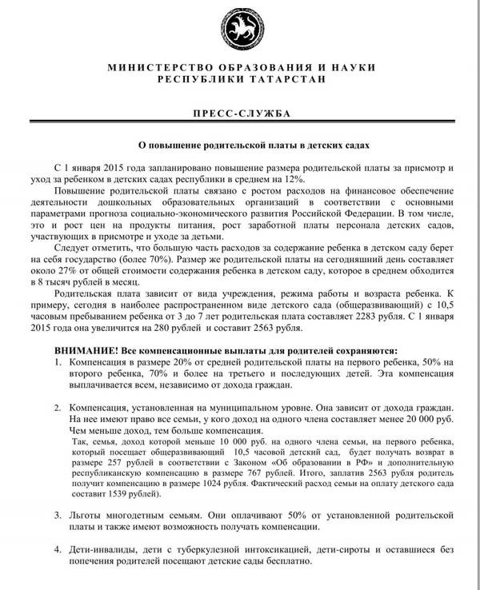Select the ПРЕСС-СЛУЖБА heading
pyautogui.click(x=240, y=114)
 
